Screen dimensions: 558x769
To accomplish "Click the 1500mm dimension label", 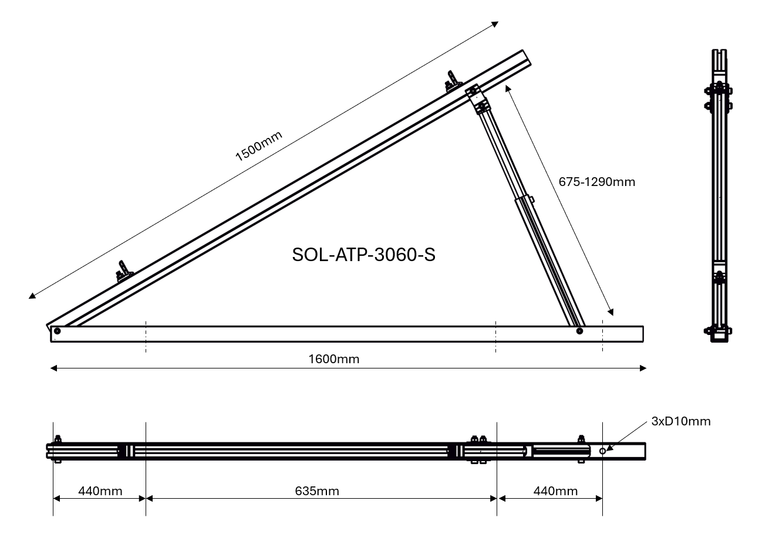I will pos(258,146).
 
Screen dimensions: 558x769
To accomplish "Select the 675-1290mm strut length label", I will pos(596,182).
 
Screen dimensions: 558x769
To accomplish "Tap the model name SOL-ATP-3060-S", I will pos(363,255).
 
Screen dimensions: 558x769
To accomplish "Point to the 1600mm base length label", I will pos(333,359).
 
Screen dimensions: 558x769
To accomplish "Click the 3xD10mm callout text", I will pos(680,421).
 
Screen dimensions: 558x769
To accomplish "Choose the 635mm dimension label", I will pos(316,491).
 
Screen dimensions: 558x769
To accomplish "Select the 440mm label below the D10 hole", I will pos(555,491).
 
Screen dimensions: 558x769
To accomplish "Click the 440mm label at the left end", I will pos(100,491).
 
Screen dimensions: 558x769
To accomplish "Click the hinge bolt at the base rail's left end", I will pos(57,332).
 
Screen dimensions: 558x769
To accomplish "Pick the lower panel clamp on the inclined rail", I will pos(124,270).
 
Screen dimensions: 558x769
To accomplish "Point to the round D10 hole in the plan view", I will pos(602,450).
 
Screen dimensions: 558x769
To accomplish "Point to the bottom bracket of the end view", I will pos(719,333).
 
